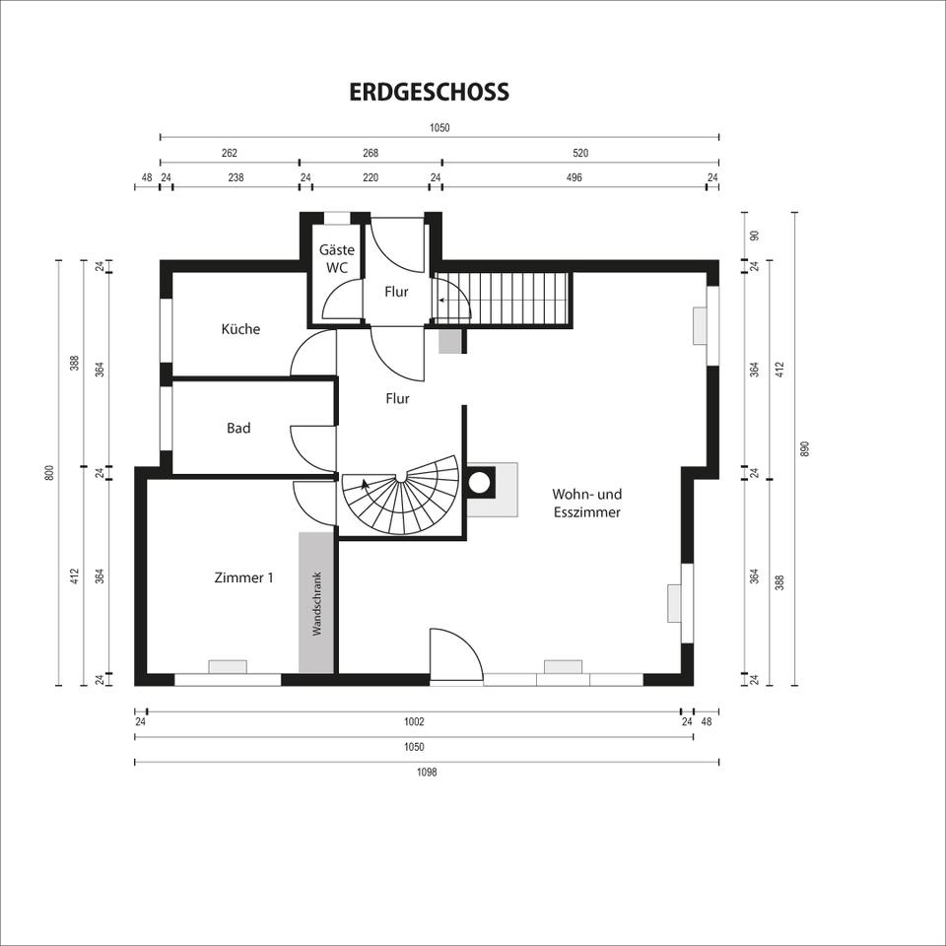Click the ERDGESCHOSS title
tap(429, 92)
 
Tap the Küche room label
tap(240, 329)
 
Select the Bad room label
tap(238, 428)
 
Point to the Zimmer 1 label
tap(243, 577)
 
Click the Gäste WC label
tap(337, 258)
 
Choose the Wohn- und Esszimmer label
tap(586, 503)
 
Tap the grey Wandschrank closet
tap(316, 603)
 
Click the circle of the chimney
tap(480, 482)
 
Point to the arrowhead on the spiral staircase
tap(365, 484)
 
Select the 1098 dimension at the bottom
tap(427, 772)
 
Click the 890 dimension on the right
tap(804, 449)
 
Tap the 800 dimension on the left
tap(50, 472)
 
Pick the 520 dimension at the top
tap(579, 154)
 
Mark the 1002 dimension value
tap(414, 721)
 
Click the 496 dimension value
tap(574, 177)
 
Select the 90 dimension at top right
tap(754, 236)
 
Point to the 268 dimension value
tap(371, 154)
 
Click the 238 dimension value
tap(236, 177)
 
